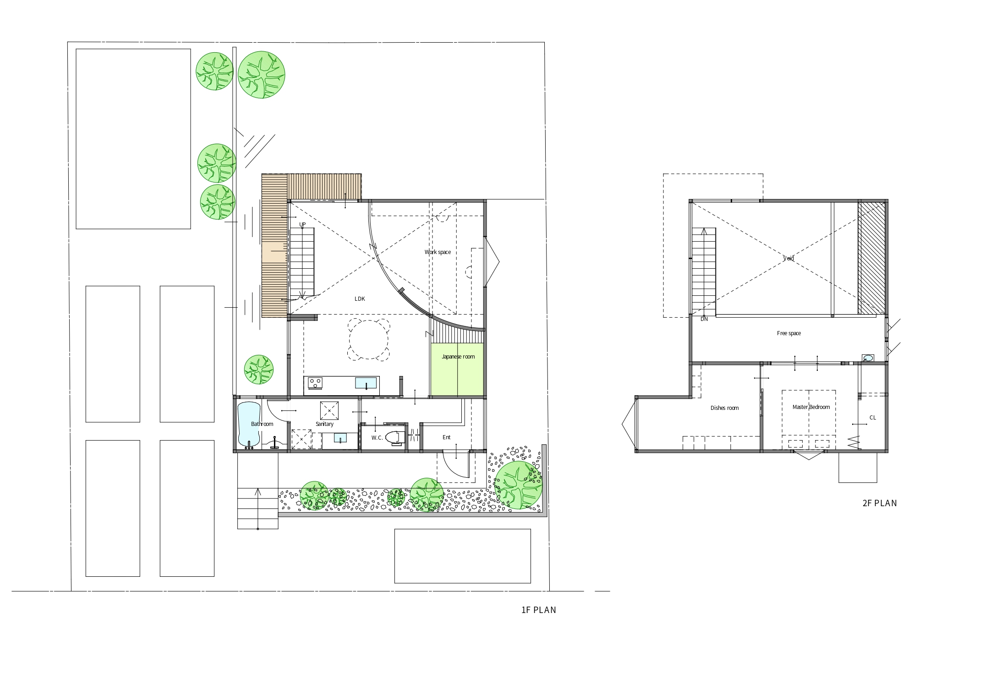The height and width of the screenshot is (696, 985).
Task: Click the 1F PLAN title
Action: point(539,610)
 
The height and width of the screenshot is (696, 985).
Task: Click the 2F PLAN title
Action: point(880,503)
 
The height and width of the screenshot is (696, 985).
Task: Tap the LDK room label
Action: point(360,299)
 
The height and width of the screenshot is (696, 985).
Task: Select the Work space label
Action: point(438,252)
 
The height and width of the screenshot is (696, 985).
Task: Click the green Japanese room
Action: point(457,370)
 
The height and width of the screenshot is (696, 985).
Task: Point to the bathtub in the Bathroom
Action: point(249,424)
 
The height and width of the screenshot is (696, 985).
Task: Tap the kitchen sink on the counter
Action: point(366,382)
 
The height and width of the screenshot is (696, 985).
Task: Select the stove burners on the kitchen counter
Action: point(315,382)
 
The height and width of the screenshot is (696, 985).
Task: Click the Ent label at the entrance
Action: point(447,437)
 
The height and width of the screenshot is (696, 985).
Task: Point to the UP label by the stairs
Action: point(302,225)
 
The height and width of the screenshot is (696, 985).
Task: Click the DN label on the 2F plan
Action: point(704,319)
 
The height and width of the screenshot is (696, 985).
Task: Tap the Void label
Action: point(788,259)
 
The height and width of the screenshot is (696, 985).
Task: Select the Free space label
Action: point(789,333)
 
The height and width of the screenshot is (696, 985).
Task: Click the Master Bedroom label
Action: point(811,407)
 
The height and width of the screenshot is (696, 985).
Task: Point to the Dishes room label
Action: point(724,408)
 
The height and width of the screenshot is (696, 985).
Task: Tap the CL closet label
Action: point(873,418)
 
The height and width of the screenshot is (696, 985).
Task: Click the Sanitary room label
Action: point(324,424)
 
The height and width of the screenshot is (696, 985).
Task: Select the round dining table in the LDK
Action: point(369,340)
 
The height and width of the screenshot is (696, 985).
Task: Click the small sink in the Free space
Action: point(868,358)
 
